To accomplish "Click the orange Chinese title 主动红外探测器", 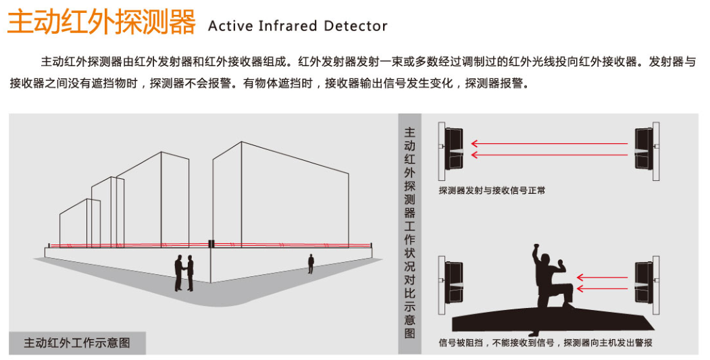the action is pyautogui.click(x=101, y=22).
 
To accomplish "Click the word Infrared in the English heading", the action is pyautogui.click(x=288, y=26).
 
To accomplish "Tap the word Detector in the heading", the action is pyautogui.click(x=355, y=26).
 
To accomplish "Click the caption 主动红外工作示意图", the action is pyautogui.click(x=77, y=343).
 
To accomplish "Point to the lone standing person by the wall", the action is pyautogui.click(x=311, y=263).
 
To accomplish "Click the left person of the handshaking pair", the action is pyautogui.click(x=179, y=273).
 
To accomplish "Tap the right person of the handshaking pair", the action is pyautogui.click(x=191, y=273).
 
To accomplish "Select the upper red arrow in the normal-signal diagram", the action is pyautogui.click(x=549, y=144).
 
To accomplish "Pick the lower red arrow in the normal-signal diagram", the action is pyautogui.click(x=549, y=155).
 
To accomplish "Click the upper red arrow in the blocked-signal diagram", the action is pyautogui.click(x=602, y=277).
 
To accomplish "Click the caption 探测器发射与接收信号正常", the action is pyautogui.click(x=492, y=190).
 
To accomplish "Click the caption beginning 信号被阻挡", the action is pyautogui.click(x=545, y=343).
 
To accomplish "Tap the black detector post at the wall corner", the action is pyautogui.click(x=211, y=244).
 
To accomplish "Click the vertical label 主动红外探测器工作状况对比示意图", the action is pyautogui.click(x=410, y=233).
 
